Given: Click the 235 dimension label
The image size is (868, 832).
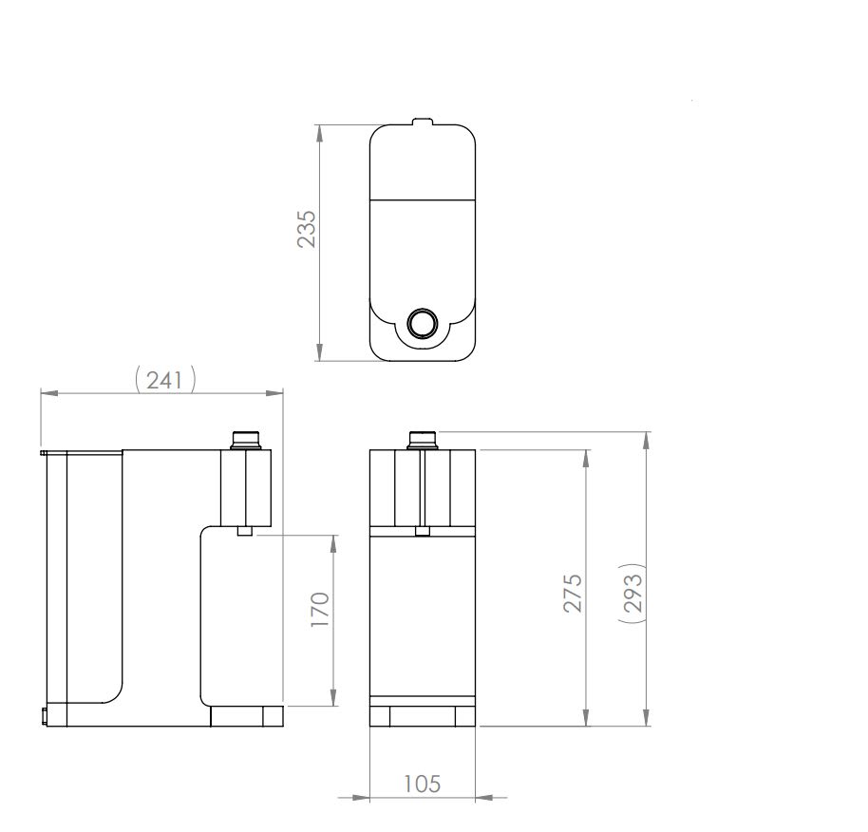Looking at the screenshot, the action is (x=306, y=229).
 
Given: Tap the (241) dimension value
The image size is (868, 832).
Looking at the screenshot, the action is (x=165, y=380).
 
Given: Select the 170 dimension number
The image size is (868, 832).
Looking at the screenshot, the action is (x=320, y=609).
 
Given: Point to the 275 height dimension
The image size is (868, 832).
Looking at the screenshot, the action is (x=573, y=594).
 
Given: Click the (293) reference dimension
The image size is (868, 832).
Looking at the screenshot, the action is (x=632, y=593).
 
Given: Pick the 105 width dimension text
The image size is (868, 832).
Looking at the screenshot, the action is (x=422, y=784).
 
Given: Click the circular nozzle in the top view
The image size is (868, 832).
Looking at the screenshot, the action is (x=423, y=322).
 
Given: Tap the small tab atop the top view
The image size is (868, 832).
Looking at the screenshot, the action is (x=423, y=122).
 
